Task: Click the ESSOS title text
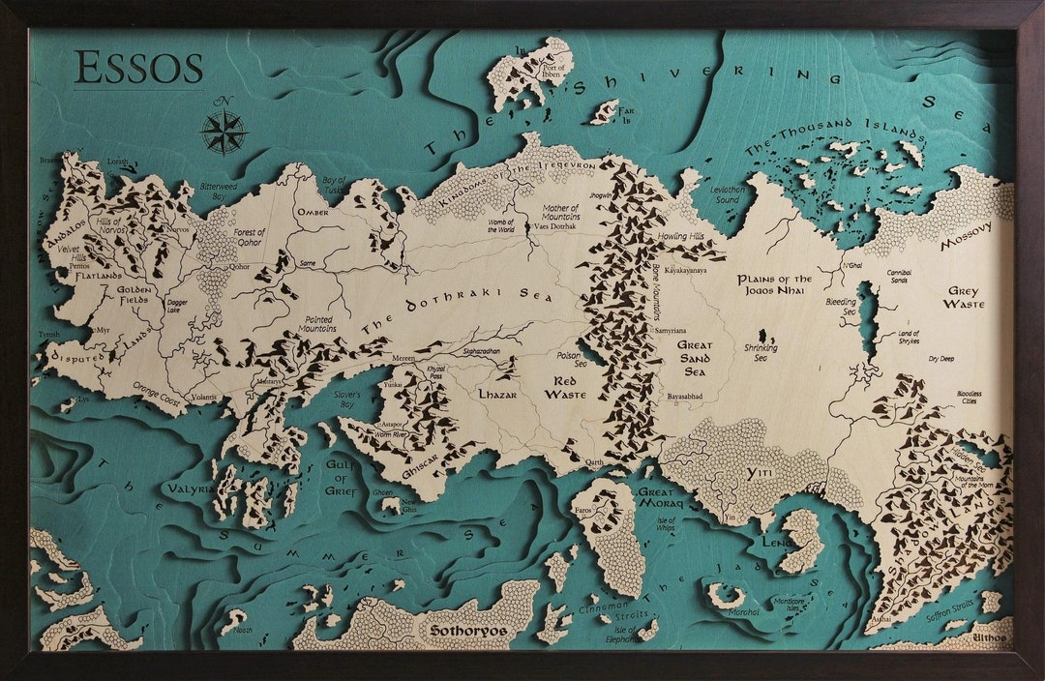[x=138, y=68]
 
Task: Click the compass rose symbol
[x=224, y=132]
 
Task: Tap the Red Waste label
[x=565, y=388]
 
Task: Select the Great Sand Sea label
[x=695, y=357]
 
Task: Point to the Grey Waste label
[x=964, y=297]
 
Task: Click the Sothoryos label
[x=468, y=631]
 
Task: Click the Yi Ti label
[x=759, y=472]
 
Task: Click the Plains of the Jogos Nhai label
[x=775, y=285]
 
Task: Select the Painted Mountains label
[x=319, y=324]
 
